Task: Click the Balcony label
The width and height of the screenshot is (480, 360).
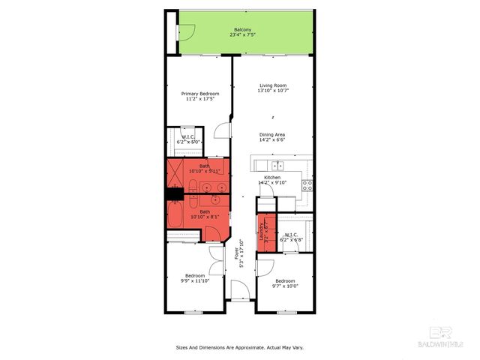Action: pos(242,29)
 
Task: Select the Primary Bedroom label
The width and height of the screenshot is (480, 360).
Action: pos(199,94)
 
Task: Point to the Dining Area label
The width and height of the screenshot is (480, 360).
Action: pos(271,135)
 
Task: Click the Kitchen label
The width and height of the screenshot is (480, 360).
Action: pos(271,178)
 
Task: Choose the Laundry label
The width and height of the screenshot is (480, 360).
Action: pos(262,232)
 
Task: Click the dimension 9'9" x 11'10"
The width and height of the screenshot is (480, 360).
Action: pos(195,280)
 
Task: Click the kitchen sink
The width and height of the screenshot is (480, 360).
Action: pos(277,165)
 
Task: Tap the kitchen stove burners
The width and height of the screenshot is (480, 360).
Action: pos(307,184)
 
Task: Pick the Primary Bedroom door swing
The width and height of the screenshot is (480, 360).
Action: pos(223,129)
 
